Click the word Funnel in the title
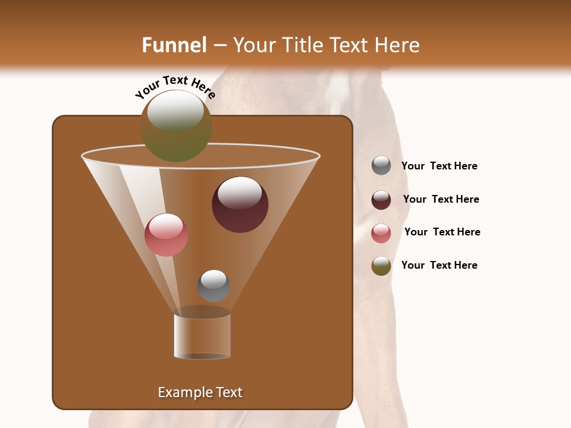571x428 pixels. (174, 45)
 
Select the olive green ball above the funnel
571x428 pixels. (176, 126)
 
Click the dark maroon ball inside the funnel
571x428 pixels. (240, 204)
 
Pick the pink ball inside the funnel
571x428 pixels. (166, 235)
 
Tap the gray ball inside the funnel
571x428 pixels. (214, 286)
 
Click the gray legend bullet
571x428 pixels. (381, 166)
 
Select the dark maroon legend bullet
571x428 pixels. (381, 200)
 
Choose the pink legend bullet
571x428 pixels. (381, 233)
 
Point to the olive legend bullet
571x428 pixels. (381, 266)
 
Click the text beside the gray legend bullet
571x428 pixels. (439, 166)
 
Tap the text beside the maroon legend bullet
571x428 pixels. (441, 199)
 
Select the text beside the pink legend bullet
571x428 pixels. (442, 232)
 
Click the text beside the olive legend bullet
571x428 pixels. (439, 265)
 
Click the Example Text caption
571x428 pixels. (200, 392)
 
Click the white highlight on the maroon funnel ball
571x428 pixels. (240, 193)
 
